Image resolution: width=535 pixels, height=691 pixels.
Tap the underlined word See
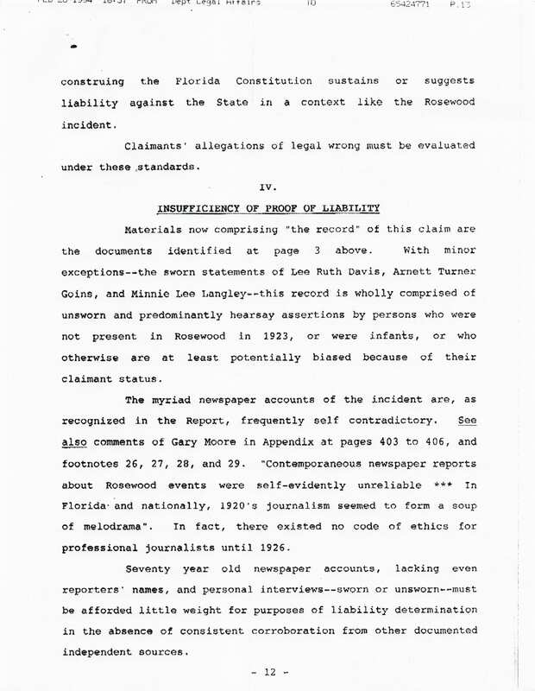(465, 421)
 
